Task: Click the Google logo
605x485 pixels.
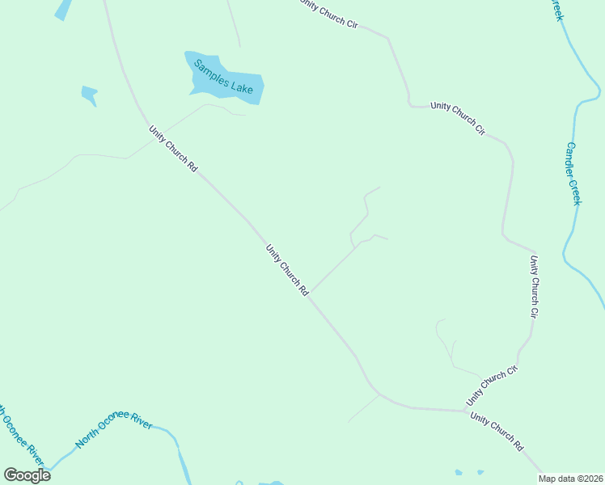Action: (27, 475)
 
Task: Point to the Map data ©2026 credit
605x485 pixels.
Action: (570, 479)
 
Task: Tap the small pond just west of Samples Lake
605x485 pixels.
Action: (90, 94)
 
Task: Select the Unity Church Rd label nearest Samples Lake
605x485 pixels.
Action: (173, 148)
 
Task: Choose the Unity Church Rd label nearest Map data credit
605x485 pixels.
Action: (497, 432)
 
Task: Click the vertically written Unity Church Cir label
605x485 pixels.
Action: (534, 285)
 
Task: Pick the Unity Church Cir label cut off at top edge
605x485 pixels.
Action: (328, 14)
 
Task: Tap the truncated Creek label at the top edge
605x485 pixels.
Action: (556, 10)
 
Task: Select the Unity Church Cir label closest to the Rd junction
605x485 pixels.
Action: (491, 386)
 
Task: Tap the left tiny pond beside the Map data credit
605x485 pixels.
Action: (459, 472)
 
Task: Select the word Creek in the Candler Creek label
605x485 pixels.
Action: (575, 191)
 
